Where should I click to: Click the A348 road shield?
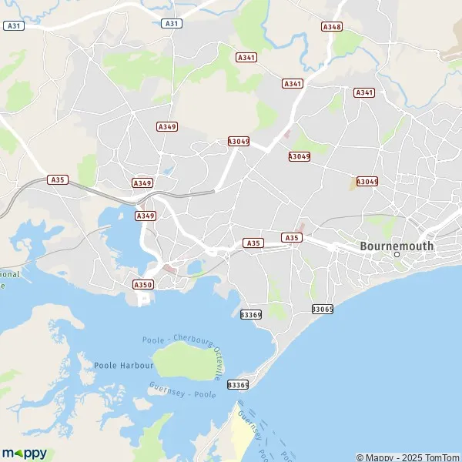(332, 26)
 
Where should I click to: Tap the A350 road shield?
(143, 284)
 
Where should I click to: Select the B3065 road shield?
(323, 309)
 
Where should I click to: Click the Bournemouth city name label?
(397, 246)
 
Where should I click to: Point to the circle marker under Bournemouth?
(397, 255)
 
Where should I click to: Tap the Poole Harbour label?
(124, 365)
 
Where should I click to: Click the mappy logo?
(25, 453)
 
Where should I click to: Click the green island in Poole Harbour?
(182, 360)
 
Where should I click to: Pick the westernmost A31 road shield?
(13, 25)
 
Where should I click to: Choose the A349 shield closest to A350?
(146, 216)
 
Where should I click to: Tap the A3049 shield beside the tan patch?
(367, 182)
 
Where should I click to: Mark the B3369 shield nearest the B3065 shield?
(251, 314)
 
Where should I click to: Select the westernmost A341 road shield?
(246, 57)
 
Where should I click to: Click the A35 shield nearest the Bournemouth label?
(290, 238)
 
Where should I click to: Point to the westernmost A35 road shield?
(57, 179)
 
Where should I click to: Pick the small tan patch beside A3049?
(356, 183)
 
